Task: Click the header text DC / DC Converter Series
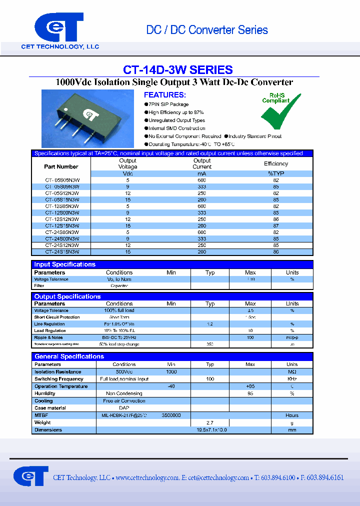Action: point(207,30)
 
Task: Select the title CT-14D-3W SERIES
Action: point(177,70)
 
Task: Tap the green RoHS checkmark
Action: point(280,111)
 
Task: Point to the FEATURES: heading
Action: point(164,95)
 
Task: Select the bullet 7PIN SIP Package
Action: point(168,104)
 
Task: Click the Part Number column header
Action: point(61,166)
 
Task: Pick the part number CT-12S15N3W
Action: point(62,225)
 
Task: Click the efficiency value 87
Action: point(276,225)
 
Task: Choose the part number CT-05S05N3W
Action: point(62,179)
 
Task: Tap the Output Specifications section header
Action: point(67,296)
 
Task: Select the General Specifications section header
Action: point(69,356)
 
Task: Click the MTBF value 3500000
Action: point(171,415)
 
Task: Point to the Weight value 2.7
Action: point(210,422)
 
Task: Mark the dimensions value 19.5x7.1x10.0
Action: point(212,430)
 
